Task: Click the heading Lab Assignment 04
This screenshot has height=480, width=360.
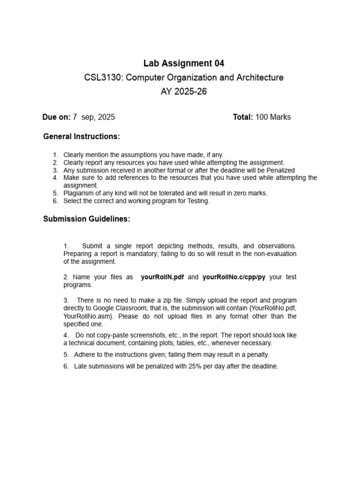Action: pyautogui.click(x=184, y=63)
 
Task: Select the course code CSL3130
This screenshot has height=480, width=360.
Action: pyautogui.click(x=99, y=77)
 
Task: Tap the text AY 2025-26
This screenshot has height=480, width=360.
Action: pyautogui.click(x=184, y=91)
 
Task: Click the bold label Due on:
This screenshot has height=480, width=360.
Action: pyautogui.click(x=56, y=117)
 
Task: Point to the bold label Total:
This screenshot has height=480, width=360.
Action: pyautogui.click(x=243, y=117)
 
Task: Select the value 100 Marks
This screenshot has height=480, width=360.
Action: pyautogui.click(x=273, y=117)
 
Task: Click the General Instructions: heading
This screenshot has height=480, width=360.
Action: pyautogui.click(x=82, y=136)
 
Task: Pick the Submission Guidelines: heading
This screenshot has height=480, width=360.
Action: pyautogui.click(x=87, y=219)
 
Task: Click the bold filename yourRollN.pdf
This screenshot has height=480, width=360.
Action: pyautogui.click(x=162, y=277)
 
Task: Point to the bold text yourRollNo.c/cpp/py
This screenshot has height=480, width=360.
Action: pyautogui.click(x=234, y=277)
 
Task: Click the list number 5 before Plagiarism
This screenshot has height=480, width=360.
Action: pyautogui.click(x=55, y=193)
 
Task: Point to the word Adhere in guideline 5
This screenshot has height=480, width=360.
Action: pyautogui.click(x=84, y=354)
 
